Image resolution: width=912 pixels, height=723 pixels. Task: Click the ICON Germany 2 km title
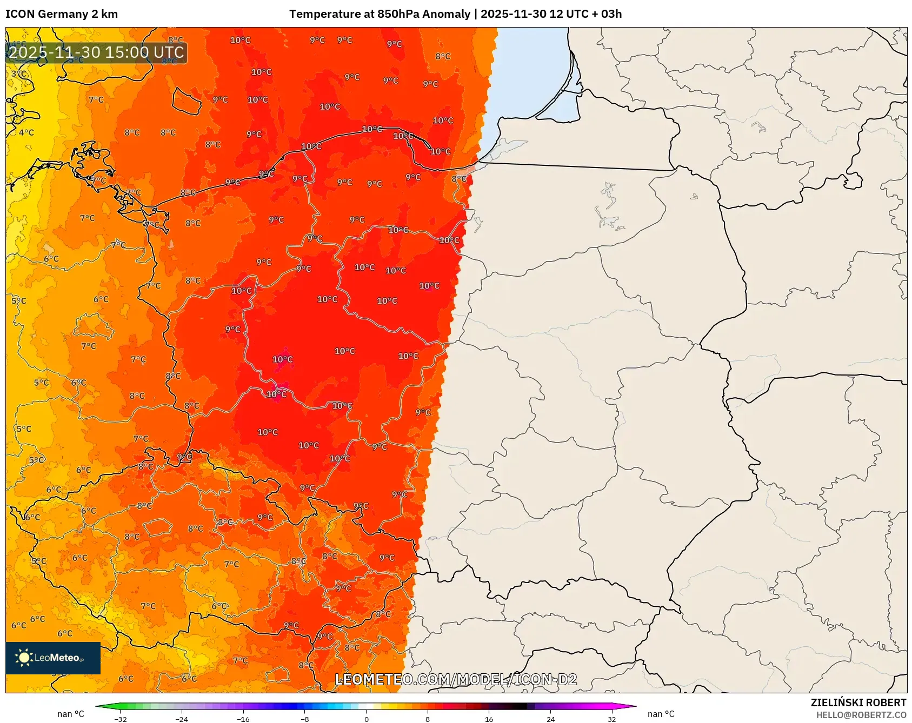coord(61,14)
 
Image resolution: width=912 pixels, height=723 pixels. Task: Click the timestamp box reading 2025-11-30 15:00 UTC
coord(96,52)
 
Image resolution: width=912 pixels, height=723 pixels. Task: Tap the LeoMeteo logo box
coord(52,658)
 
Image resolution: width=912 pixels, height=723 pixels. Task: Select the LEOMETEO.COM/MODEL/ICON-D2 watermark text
coord(456,679)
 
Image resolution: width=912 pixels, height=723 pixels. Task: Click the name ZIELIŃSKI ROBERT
coord(858,702)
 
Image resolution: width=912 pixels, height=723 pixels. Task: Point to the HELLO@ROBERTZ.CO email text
coord(861,715)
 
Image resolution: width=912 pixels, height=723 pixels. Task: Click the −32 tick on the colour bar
coord(121,719)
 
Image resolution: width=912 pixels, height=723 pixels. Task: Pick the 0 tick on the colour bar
coord(366,719)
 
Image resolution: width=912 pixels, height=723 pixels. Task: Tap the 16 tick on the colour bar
coord(489,719)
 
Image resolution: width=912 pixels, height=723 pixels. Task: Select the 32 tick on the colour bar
coord(611,719)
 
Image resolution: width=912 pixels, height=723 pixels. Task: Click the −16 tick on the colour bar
coord(243,719)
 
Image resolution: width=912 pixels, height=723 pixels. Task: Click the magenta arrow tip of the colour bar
coord(634,706)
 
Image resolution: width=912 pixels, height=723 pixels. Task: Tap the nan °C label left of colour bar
coord(71,714)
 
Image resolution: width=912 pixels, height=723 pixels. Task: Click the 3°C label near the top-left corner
coord(18,73)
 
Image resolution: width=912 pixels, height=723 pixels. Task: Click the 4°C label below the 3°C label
coord(26,132)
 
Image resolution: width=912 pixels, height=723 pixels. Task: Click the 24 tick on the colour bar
coord(550,719)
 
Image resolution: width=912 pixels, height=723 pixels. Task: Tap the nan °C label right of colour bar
coord(661,714)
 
